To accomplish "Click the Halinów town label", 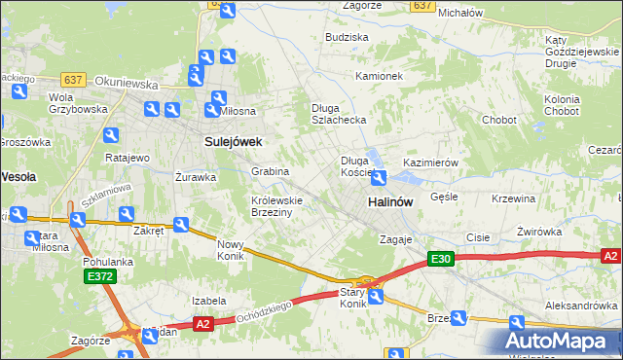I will pos(390,201).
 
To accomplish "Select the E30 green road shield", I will pos(441,259).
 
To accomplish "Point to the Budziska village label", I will pos(348,37).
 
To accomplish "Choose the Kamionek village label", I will pos(379,76).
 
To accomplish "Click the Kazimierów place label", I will pos(429,162).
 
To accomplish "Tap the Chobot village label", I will pos(499,121).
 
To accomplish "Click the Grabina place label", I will pos(271,171).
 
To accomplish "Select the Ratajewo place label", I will pos(128,158).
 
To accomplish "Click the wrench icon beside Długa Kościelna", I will pos(379,177).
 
